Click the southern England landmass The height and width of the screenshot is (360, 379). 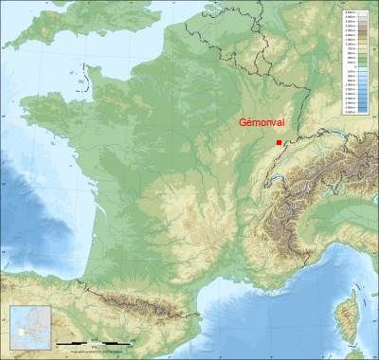[85, 24]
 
